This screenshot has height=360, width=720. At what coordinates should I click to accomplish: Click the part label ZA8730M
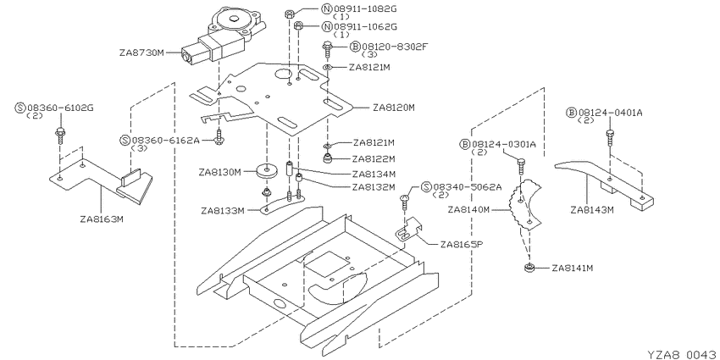[x=141, y=53]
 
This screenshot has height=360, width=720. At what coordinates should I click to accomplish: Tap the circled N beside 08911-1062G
[x=327, y=26]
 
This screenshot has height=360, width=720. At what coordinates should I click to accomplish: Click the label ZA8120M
[x=394, y=108]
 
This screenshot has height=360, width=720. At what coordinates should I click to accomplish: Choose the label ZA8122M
[x=374, y=159]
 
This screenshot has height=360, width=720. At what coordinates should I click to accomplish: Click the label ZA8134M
[x=374, y=174]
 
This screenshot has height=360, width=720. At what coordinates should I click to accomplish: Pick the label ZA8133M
[x=222, y=211]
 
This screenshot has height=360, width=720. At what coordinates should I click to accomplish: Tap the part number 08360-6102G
[x=61, y=108]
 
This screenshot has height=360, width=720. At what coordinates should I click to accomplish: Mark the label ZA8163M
[x=101, y=219]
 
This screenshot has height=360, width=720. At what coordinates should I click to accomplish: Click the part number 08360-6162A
[x=166, y=140]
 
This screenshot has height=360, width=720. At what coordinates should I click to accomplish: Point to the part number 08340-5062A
[x=468, y=187]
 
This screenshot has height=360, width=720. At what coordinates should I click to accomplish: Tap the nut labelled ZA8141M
[x=529, y=268]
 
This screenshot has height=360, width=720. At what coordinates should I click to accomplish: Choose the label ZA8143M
[x=592, y=210]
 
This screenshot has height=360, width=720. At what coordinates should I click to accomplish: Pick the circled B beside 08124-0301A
[x=465, y=145]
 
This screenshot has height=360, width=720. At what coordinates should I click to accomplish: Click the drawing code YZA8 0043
[x=681, y=354]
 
